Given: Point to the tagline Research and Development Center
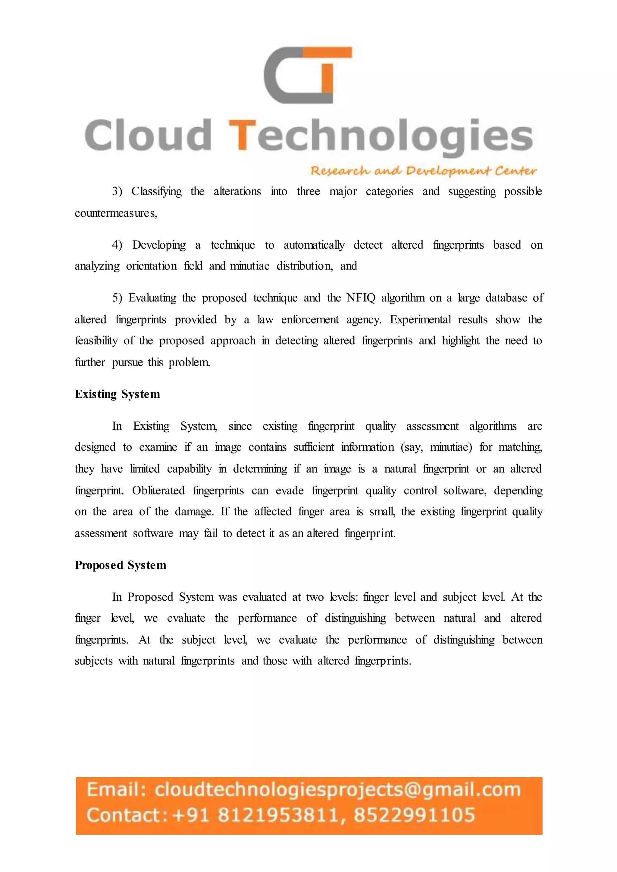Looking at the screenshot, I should click(x=423, y=171).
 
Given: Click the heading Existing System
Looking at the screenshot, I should click(x=117, y=394).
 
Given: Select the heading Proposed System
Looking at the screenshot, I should click(x=121, y=565).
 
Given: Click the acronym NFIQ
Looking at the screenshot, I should click(x=361, y=298).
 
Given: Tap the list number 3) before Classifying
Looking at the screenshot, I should click(x=117, y=192).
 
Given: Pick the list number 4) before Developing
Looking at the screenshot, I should click(x=117, y=245).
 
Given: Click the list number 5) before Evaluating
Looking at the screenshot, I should click(x=117, y=298).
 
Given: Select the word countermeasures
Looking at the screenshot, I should click(x=116, y=213).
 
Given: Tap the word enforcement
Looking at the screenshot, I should click(x=310, y=319).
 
